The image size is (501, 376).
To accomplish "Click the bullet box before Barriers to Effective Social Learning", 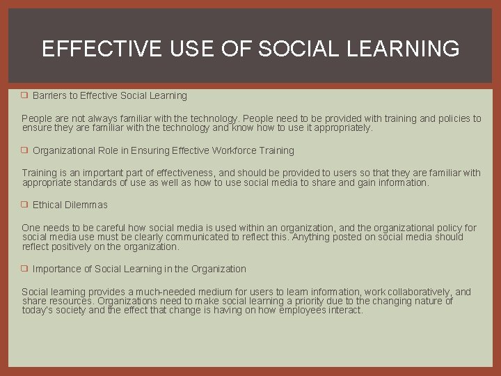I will coord(24,95).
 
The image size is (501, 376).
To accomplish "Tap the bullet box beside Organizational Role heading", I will coord(24,150).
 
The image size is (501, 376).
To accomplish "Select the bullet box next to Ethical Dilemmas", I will coord(24,205).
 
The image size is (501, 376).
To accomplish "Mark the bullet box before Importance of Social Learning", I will coord(24,269).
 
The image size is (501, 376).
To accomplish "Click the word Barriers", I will coord(48,95).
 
